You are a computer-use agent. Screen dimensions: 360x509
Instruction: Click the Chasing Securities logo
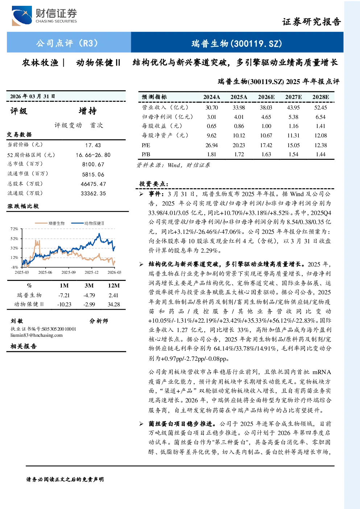tap(44, 16)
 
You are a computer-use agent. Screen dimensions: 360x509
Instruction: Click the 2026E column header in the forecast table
tap(266, 97)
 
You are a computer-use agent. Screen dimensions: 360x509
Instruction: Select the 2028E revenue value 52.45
tap(320, 107)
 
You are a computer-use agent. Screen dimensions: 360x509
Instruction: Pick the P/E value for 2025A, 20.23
tap(239, 145)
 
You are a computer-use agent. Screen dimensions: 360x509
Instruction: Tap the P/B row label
tap(146, 154)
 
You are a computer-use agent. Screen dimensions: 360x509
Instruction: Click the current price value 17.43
tap(93, 145)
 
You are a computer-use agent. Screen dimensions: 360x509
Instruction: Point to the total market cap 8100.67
tap(93, 164)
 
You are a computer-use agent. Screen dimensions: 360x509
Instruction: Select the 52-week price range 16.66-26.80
tap(93, 155)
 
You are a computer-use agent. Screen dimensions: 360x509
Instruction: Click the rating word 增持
tap(88, 111)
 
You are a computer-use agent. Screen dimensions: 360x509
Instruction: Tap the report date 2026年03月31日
tap(33, 96)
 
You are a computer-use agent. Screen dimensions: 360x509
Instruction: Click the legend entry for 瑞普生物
tap(50, 223)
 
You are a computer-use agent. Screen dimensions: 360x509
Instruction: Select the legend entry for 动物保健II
tap(88, 223)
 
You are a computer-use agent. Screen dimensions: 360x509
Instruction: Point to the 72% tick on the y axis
tap(14, 229)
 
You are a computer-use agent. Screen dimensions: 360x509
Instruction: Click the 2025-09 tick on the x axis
tap(69, 272)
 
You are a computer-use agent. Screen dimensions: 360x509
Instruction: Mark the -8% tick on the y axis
tap(14, 267)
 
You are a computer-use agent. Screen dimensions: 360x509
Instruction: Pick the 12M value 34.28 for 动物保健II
tap(113, 304)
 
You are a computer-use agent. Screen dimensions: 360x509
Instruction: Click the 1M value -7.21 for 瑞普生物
tap(64, 295)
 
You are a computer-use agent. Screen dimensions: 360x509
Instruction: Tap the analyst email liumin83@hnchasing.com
tap(36, 335)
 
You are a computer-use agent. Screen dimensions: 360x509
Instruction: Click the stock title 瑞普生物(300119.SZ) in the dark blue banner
tap(237, 43)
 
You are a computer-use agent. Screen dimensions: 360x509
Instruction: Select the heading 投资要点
tap(154, 184)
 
